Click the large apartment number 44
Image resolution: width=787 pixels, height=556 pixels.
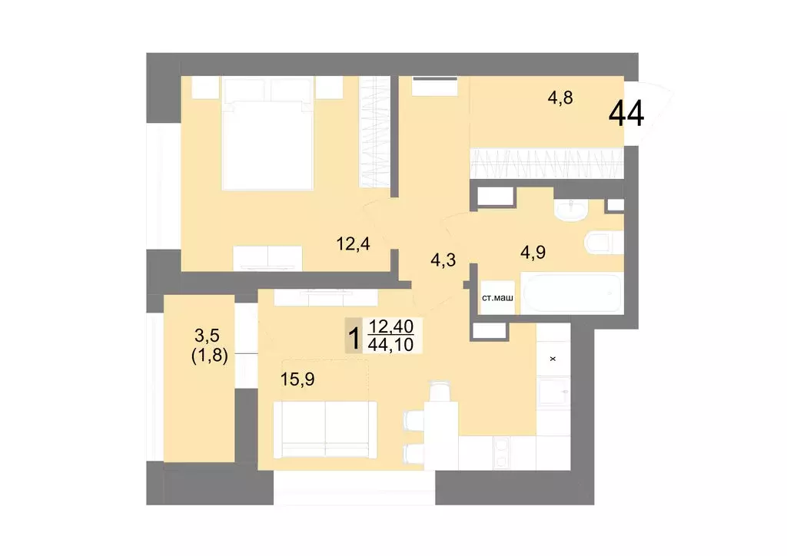pyautogui.click(x=626, y=114)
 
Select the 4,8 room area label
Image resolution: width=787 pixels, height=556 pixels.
pyautogui.click(x=560, y=98)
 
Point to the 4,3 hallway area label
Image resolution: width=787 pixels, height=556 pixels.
pyautogui.click(x=443, y=260)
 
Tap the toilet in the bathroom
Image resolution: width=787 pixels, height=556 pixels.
pyautogui.click(x=604, y=243)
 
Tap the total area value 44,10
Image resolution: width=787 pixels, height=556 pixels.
pyautogui.click(x=391, y=345)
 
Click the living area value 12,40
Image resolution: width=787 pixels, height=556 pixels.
pyautogui.click(x=391, y=327)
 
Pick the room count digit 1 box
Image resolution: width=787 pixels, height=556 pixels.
pyautogui.click(x=355, y=336)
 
